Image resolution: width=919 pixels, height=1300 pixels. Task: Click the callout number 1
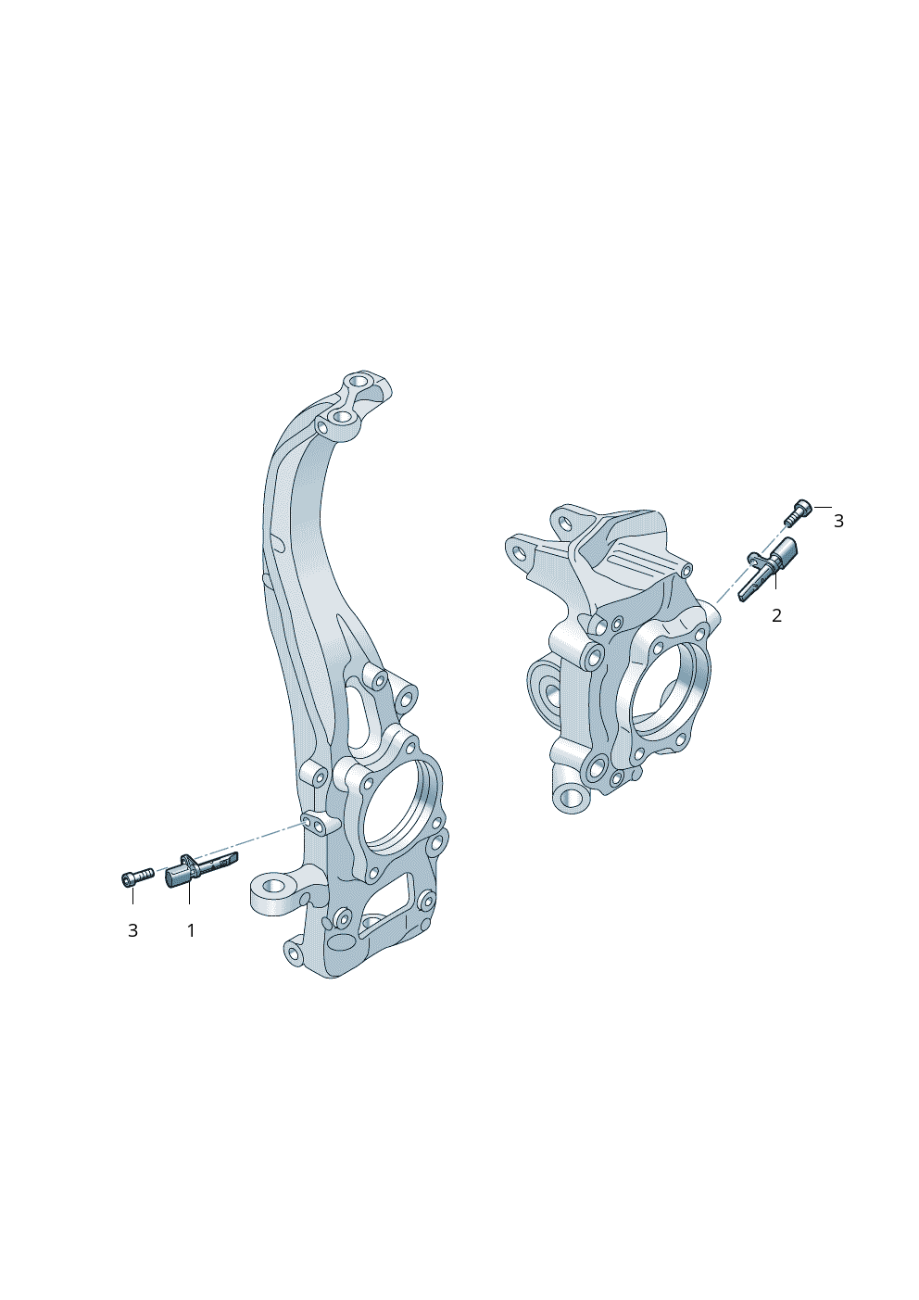(x=191, y=931)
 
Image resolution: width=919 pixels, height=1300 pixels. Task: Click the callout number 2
(x=777, y=616)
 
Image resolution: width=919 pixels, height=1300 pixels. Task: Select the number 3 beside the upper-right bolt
(x=838, y=522)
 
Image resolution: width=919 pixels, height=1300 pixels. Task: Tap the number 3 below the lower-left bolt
(x=132, y=931)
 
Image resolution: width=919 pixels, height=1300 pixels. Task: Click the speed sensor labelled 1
(x=201, y=864)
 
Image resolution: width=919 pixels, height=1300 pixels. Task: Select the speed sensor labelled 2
(x=769, y=569)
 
